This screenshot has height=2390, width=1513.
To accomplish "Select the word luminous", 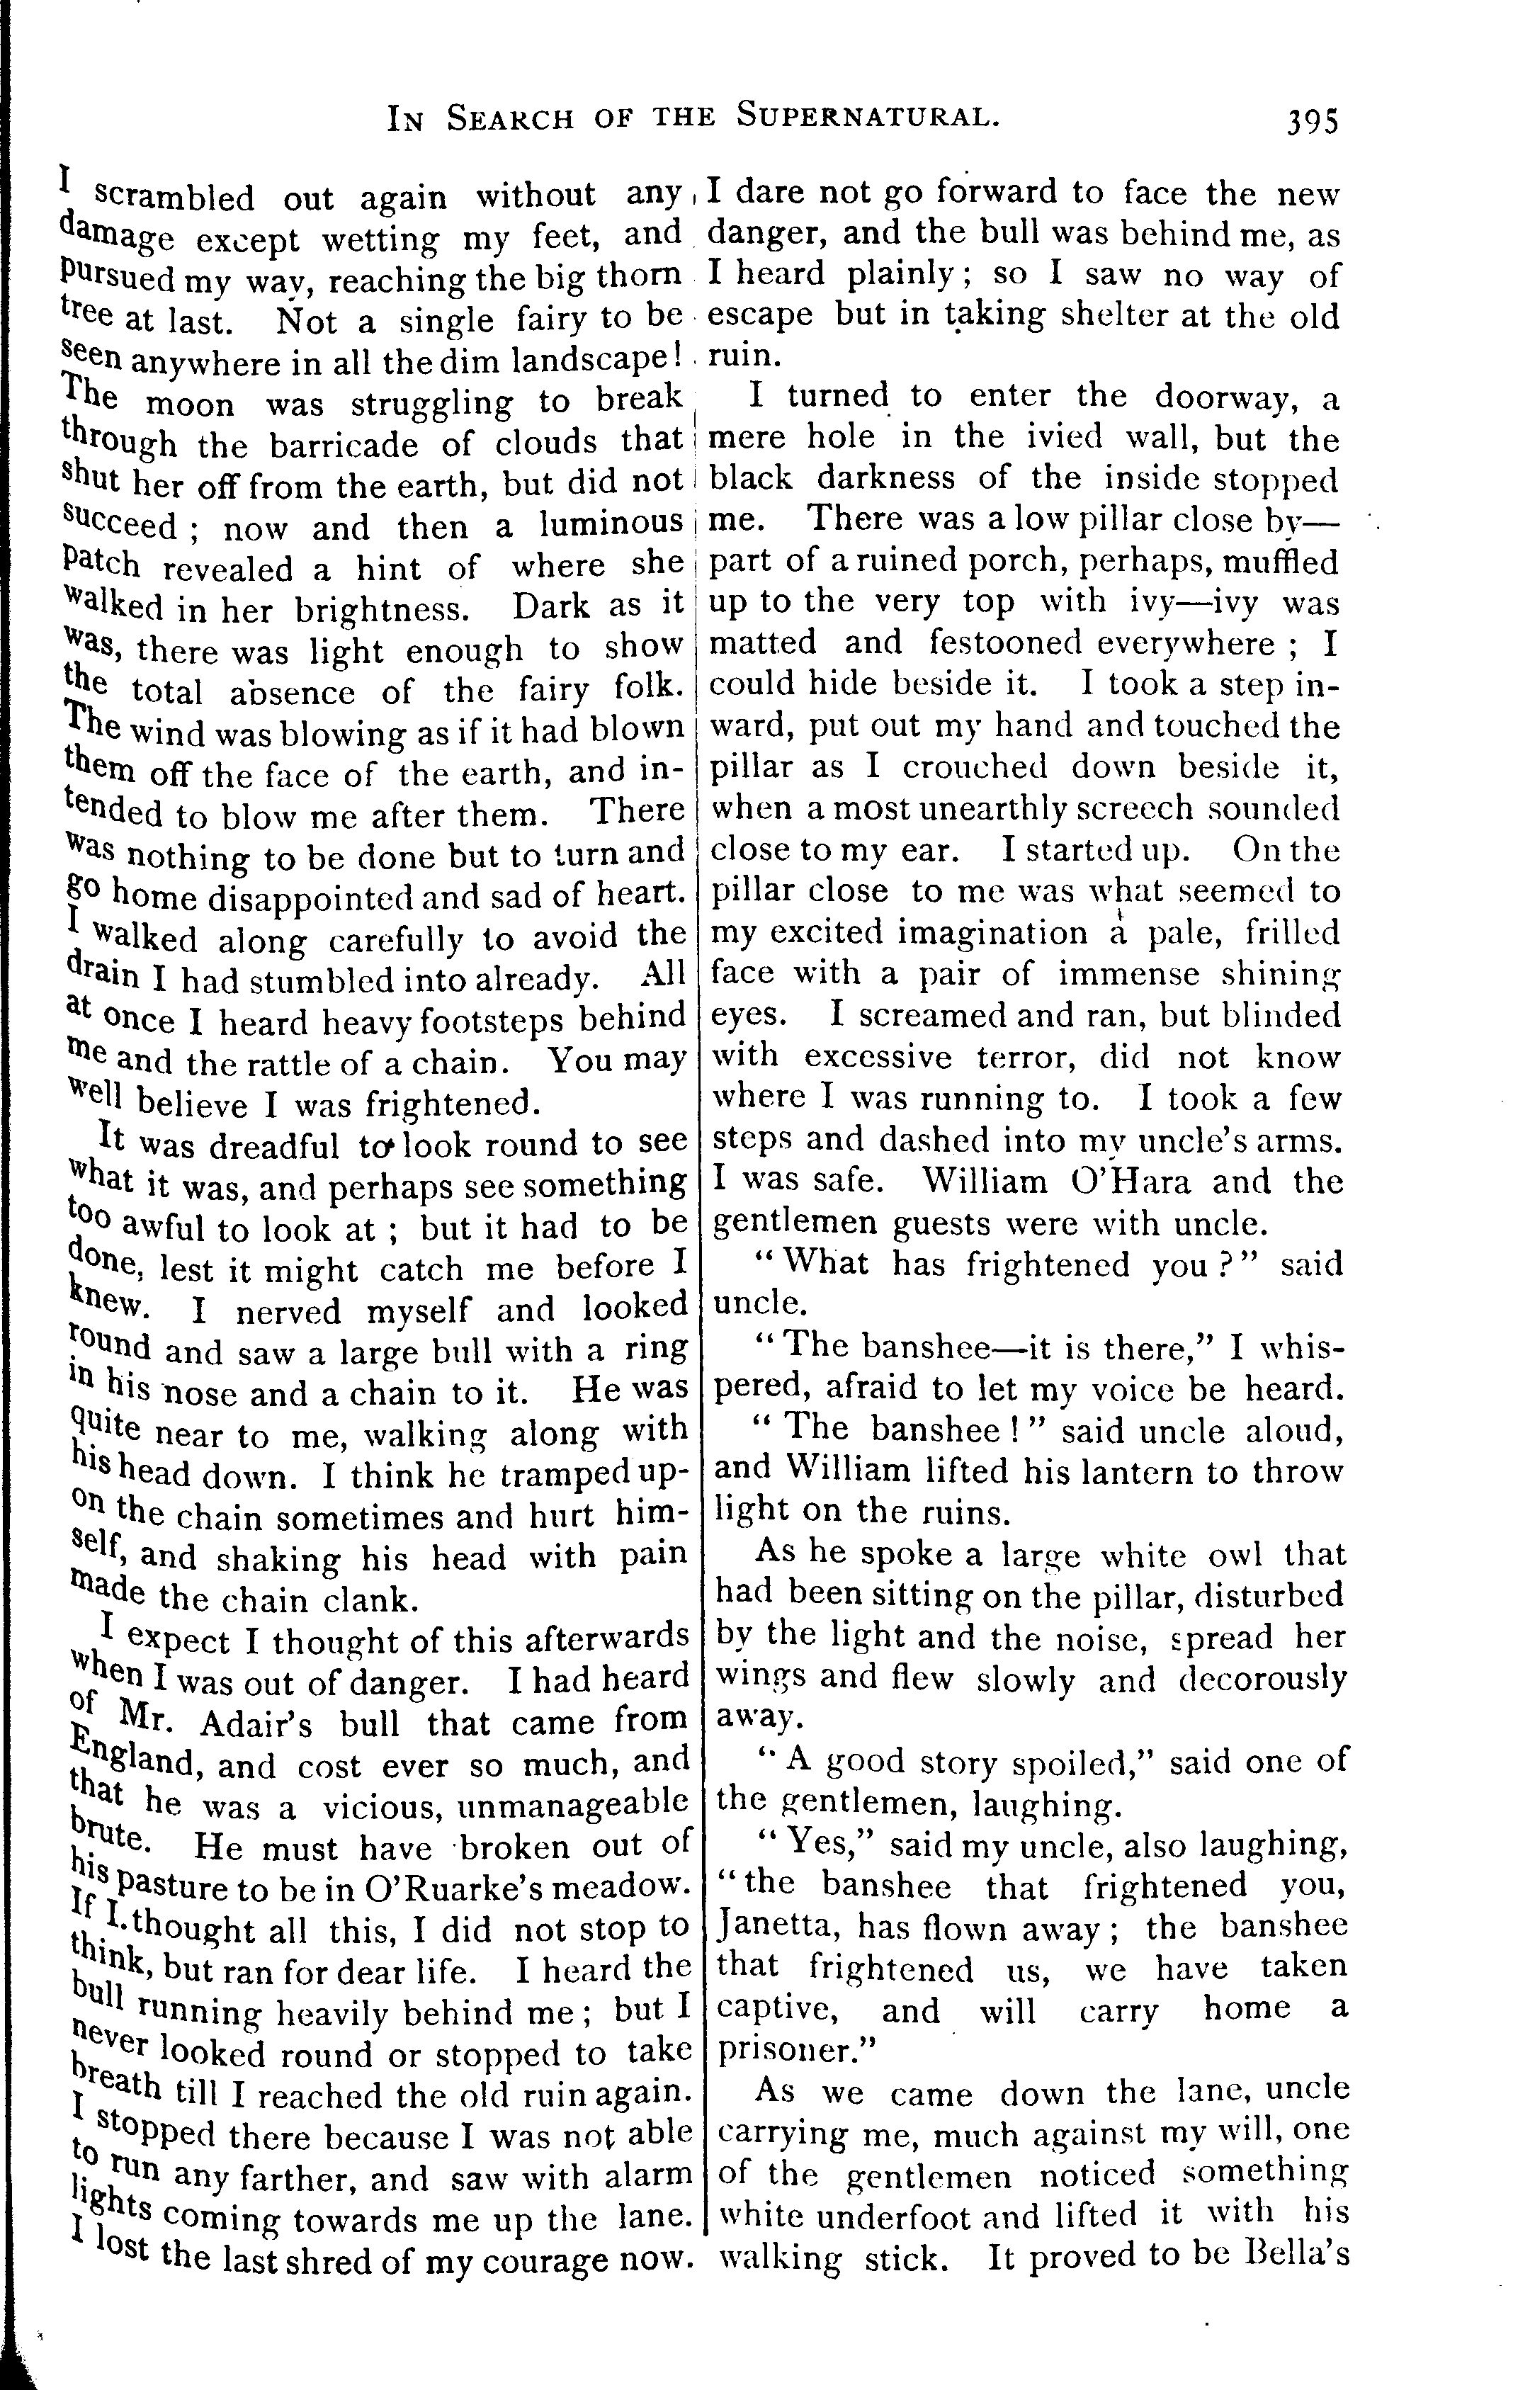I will [611, 523].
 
